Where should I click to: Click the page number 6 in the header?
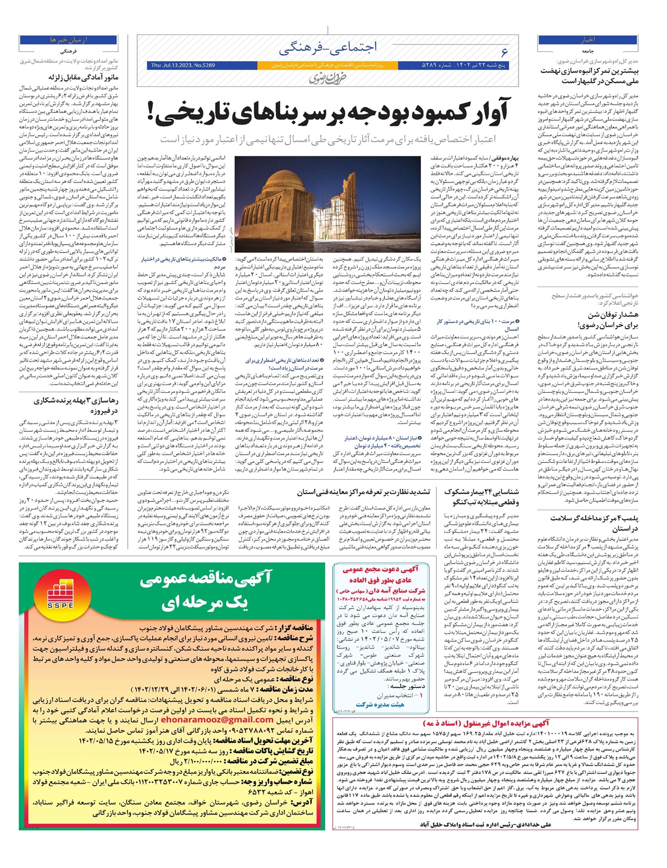click(x=504, y=52)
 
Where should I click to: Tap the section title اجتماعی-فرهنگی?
click(x=328, y=48)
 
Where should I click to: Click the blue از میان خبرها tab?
click(x=68, y=40)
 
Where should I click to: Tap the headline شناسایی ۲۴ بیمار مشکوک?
click(x=481, y=496)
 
